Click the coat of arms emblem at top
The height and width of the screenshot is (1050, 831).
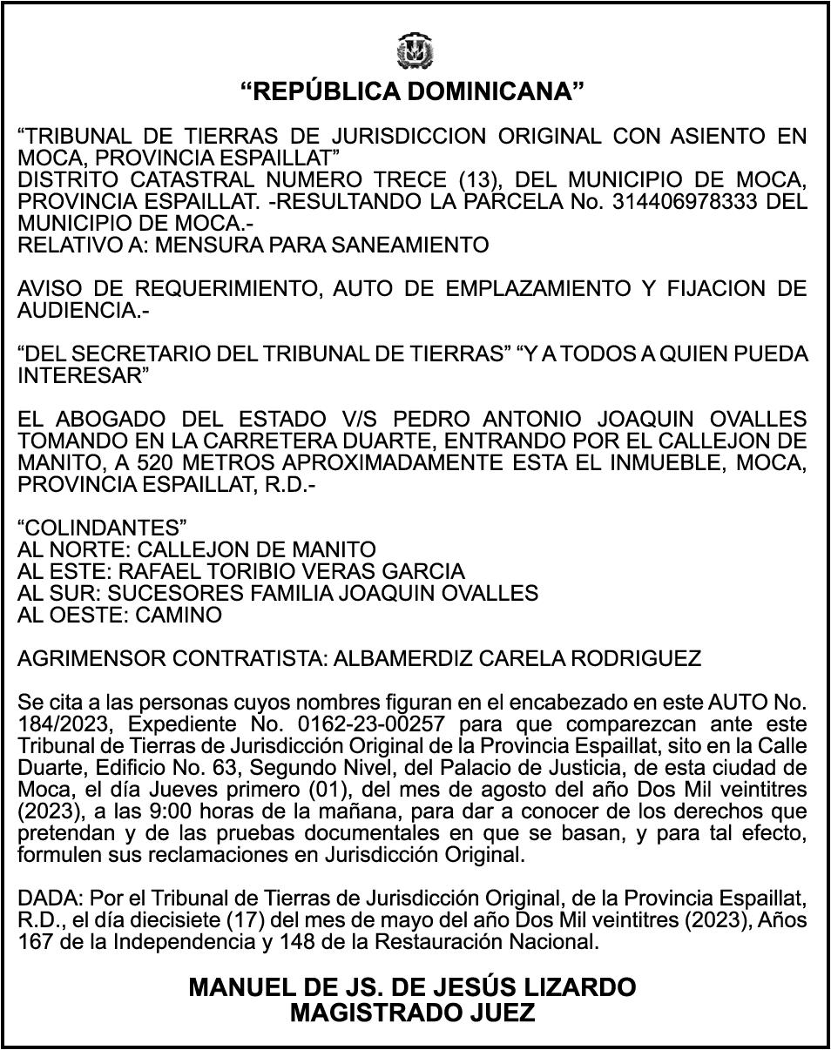click(415, 50)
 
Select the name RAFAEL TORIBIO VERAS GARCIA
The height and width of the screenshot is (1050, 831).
click(291, 572)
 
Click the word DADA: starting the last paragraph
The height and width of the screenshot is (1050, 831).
click(46, 899)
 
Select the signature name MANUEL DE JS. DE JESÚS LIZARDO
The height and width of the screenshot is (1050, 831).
click(412, 987)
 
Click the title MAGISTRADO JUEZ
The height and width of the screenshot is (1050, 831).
click(412, 1013)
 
